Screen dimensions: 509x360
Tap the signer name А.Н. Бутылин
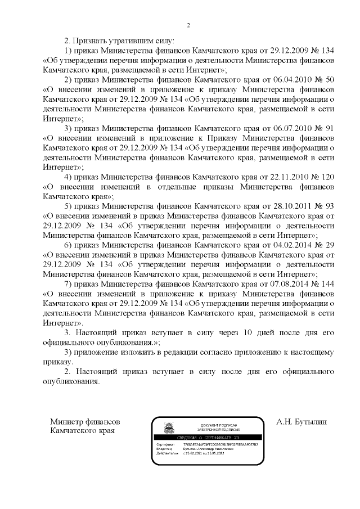tap(301, 421)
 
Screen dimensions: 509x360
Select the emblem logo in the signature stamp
tap(167, 429)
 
